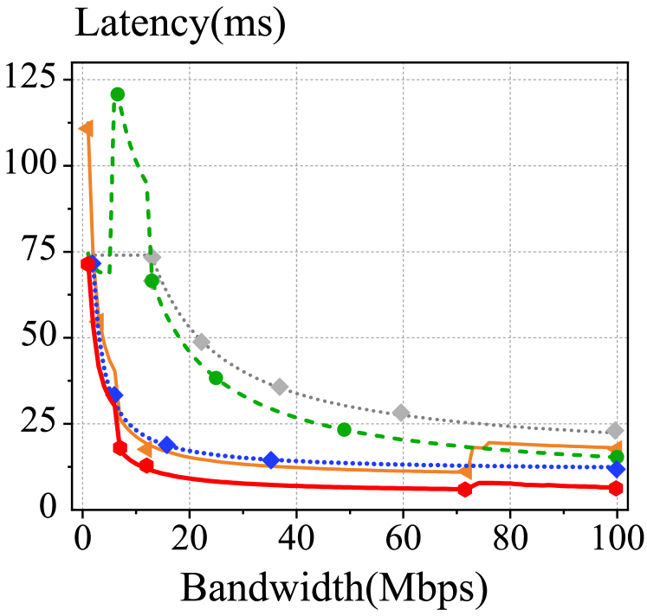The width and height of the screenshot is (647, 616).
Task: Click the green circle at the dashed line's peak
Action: (117, 94)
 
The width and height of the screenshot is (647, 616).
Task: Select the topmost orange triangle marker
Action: (86, 129)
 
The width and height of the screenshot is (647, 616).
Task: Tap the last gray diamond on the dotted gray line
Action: (615, 430)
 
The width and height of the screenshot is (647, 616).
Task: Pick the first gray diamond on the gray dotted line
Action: (152, 256)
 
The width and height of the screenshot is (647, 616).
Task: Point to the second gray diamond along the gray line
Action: (202, 342)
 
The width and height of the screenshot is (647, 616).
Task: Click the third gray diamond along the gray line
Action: (279, 386)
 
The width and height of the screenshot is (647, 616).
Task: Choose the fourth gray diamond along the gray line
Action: (400, 413)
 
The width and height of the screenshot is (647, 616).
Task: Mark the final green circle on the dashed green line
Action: (617, 457)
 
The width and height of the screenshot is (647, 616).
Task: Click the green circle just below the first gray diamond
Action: (152, 280)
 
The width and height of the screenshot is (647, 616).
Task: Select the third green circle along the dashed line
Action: (216, 377)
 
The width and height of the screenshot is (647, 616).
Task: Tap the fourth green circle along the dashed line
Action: (344, 429)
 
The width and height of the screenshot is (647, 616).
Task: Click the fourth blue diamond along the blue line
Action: (270, 459)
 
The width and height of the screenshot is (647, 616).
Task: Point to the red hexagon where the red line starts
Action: (87, 264)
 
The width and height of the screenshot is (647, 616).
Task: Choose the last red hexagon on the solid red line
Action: (616, 489)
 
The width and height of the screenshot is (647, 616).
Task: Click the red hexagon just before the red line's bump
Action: (465, 490)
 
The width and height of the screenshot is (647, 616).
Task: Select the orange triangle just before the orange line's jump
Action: (465, 472)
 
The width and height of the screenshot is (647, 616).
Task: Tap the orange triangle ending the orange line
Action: (616, 448)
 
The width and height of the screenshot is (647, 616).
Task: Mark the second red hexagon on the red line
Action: (120, 448)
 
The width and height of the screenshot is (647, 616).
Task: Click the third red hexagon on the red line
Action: (146, 466)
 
